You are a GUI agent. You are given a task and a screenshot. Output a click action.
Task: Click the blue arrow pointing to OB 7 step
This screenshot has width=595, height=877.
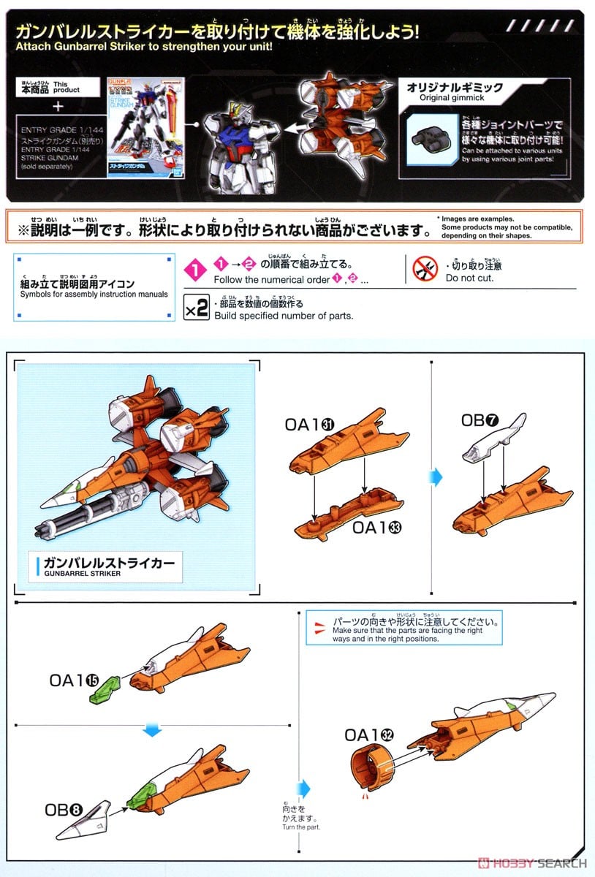pyautogui.click(x=436, y=477)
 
